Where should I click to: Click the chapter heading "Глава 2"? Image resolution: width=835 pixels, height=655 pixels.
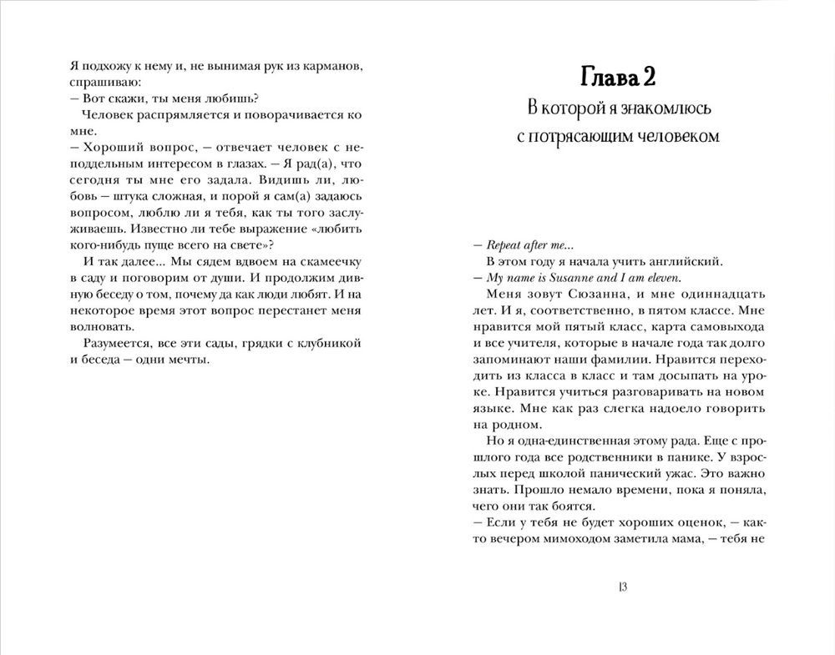click(617, 77)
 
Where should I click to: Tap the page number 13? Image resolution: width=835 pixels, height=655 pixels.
click(622, 587)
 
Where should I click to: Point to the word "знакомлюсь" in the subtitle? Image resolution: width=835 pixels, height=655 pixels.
click(653, 108)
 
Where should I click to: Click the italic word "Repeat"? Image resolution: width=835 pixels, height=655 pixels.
click(504, 244)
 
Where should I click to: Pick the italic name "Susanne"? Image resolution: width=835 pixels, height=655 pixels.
click(566, 277)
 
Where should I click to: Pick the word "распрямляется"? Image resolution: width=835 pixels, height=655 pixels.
click(175, 115)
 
